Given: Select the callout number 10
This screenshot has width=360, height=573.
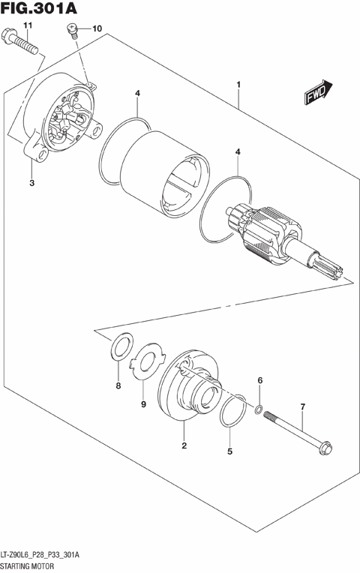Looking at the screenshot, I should click(97, 28).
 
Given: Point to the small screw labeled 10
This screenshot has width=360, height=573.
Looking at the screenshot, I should click(72, 31).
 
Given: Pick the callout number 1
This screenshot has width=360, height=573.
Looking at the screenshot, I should click(238, 84).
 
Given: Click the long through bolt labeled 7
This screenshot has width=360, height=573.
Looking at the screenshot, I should click(296, 434).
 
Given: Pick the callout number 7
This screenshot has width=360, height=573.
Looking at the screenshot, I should click(302, 407).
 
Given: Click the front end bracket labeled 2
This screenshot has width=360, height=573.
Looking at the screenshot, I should click(187, 385).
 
